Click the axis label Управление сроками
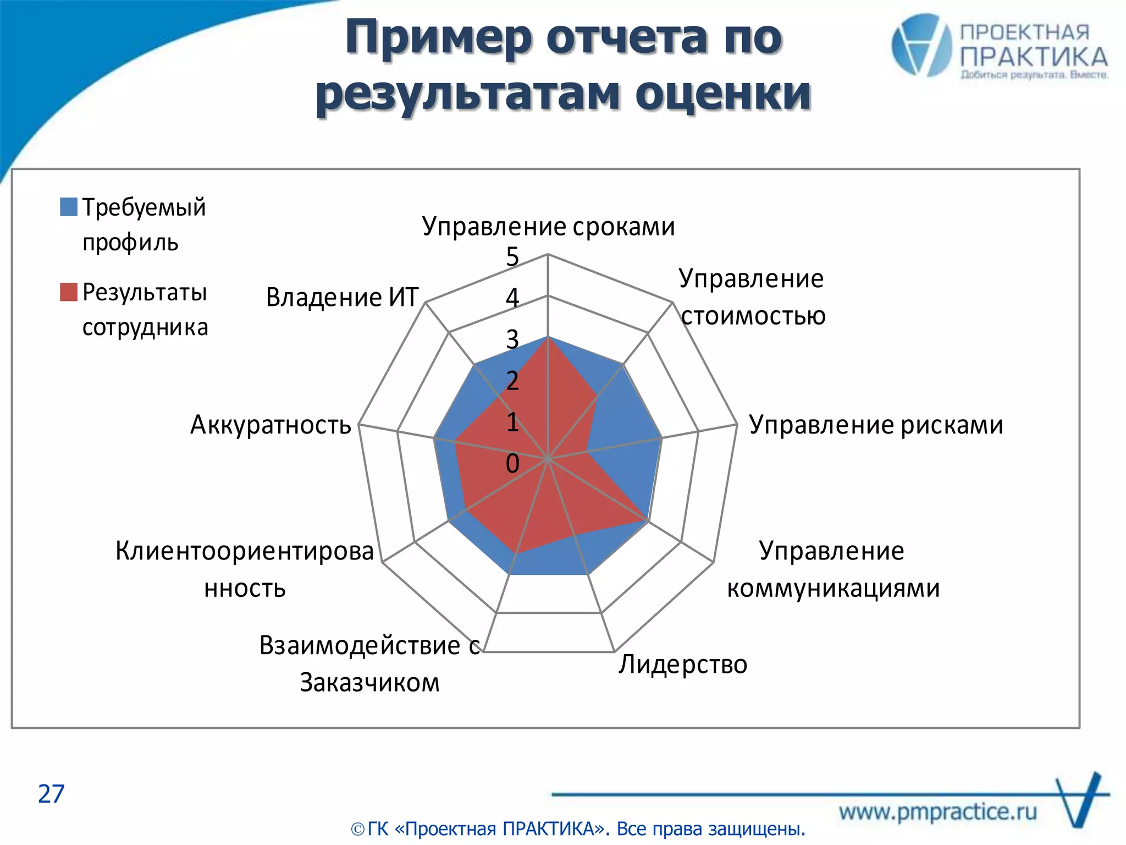548,227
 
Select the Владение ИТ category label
342,298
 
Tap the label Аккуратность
271,425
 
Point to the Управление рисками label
876,425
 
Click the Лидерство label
682,665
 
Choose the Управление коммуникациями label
832,569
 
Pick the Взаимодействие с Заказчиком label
369,664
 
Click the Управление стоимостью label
752,297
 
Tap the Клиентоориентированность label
245,569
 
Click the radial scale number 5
512,257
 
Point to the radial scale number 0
512,464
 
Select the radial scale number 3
512,339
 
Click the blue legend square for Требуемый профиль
69,207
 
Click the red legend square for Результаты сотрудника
69,292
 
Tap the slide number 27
51,794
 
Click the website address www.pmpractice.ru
938,811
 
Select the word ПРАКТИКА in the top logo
1034,57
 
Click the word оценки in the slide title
723,94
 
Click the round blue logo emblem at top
921,45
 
